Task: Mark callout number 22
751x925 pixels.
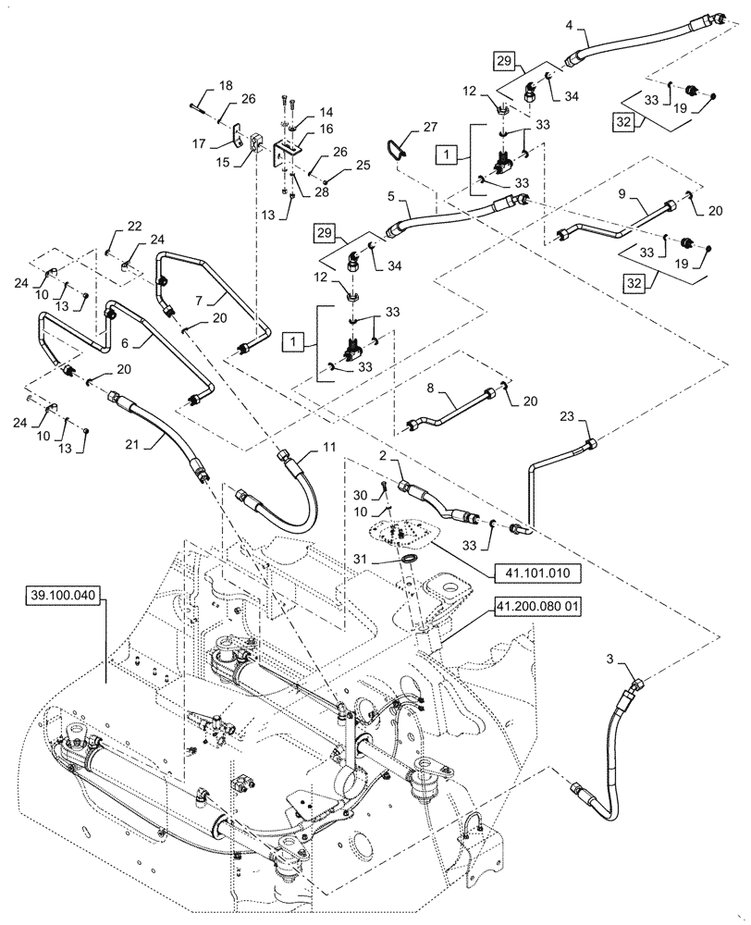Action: tap(109, 228)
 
